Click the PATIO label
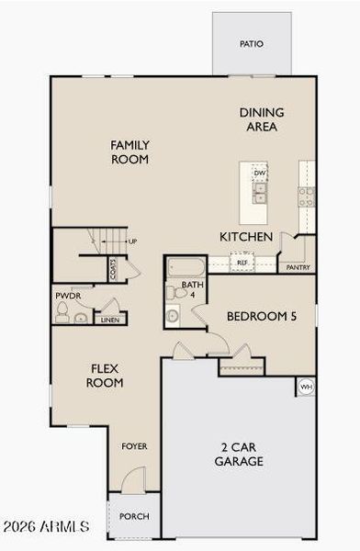252,44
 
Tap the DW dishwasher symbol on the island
260,173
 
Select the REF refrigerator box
242,262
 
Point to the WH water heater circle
306,387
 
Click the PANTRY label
298,267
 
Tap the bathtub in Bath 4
186,267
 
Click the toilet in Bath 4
176,293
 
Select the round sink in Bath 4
173,315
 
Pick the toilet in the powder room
62,311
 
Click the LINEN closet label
110,320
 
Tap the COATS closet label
113,270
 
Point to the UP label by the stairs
132,242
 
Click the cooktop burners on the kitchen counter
307,197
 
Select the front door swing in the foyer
133,479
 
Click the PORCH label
134,516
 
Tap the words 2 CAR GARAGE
239,454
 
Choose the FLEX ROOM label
105,376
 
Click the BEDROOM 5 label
262,316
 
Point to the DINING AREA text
262,119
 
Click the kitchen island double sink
260,193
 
